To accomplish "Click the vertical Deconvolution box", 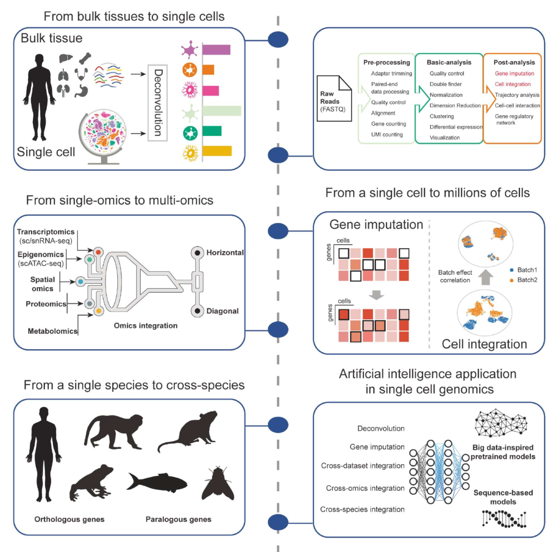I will coord(159,102).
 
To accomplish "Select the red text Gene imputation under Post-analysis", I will coord(515,74).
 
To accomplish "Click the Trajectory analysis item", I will coord(517,95).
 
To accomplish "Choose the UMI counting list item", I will coord(387,134).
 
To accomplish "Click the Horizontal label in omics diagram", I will coord(225,253).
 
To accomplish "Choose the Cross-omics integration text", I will coord(362,488).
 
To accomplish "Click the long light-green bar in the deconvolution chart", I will coord(222,111).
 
